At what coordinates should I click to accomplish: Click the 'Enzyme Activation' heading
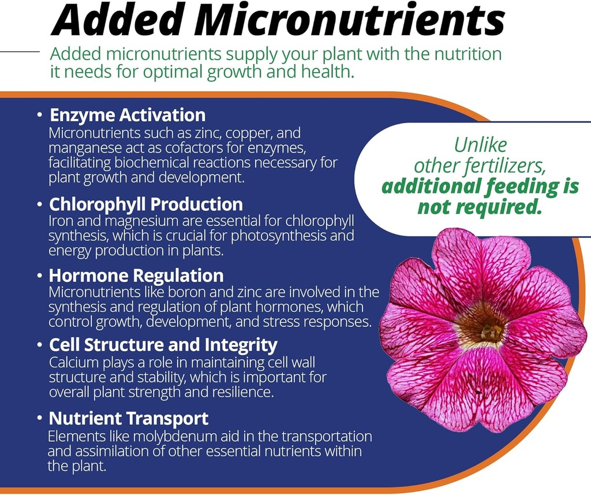click(128, 116)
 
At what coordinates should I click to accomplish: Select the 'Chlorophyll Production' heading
click(146, 204)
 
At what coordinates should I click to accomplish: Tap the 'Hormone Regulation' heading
click(136, 276)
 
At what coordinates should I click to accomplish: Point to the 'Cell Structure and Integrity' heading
click(163, 345)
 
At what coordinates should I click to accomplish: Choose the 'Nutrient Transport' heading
click(129, 418)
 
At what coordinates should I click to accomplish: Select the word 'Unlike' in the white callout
click(480, 145)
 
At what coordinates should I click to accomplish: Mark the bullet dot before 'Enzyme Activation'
click(40, 116)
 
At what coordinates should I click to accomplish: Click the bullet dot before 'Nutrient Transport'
click(39, 418)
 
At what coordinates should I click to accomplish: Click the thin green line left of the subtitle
click(20, 51)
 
